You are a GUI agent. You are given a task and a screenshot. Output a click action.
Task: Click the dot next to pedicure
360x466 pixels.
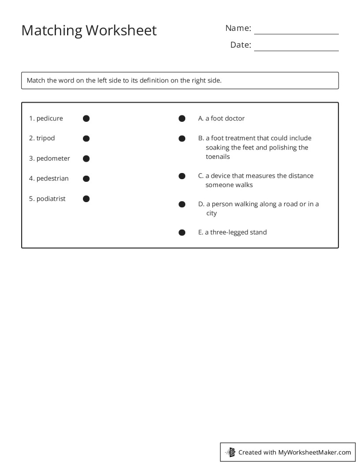[x=86, y=118]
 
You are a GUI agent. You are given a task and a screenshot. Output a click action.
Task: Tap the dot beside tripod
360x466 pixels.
[x=86, y=139]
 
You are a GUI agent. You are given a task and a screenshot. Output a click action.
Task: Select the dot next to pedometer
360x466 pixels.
[x=86, y=158]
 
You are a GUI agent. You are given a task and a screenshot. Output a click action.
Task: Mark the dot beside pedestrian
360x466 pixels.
[x=86, y=179]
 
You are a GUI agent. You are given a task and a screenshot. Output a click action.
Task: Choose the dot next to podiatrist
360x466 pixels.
[x=86, y=199]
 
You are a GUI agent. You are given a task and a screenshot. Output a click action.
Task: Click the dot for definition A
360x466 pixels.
[x=182, y=118]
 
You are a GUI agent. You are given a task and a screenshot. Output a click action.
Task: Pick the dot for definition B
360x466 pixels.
[x=182, y=139]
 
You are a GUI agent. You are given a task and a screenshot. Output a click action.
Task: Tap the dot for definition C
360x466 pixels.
[x=182, y=176]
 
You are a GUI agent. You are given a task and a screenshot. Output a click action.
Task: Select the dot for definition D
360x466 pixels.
[x=182, y=204]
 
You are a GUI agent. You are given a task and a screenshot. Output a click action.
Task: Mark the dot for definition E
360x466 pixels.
[x=182, y=233]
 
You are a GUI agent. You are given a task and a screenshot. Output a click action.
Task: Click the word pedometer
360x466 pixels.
[x=53, y=158]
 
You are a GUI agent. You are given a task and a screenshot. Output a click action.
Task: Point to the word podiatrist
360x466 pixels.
[x=51, y=199]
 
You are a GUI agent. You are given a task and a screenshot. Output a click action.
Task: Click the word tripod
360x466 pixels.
[x=45, y=138]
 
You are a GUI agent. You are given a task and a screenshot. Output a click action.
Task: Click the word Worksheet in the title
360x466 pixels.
[x=121, y=30]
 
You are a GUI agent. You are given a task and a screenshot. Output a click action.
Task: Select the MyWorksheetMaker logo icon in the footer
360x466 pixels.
[x=230, y=452]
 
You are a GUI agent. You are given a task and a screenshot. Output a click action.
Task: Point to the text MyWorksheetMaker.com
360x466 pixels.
[x=314, y=452]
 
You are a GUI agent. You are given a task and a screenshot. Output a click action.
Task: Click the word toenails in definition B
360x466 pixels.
[x=217, y=157]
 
